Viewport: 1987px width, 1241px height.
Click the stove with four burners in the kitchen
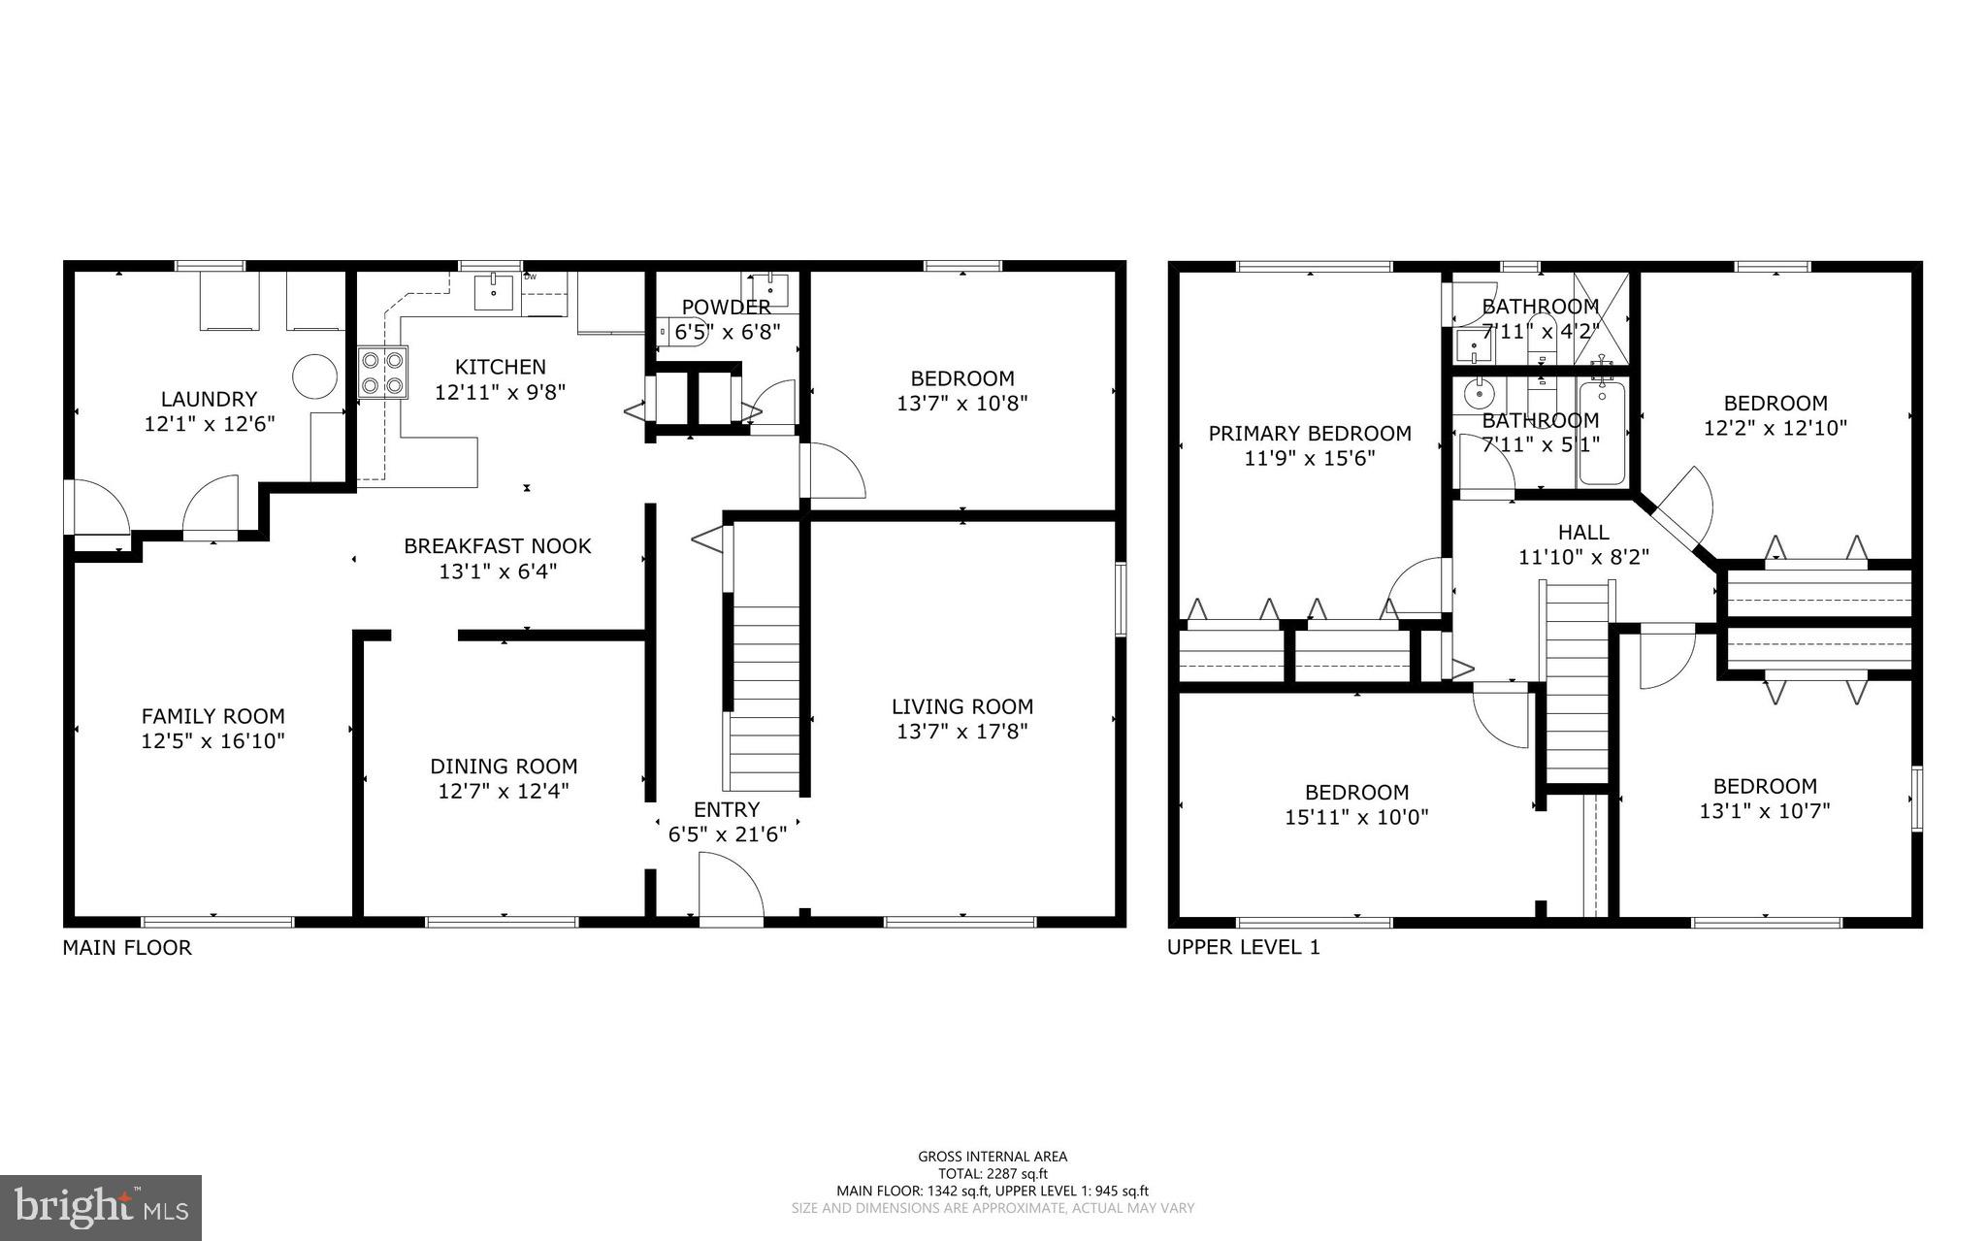[x=381, y=373]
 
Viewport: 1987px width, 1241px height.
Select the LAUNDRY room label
[x=209, y=399]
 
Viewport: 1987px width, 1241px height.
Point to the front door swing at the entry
[x=732, y=885]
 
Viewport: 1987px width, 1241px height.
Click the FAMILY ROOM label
[x=213, y=716]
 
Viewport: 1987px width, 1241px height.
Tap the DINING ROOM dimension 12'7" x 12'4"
[x=504, y=791]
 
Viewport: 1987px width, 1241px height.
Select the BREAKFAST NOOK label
[x=497, y=546]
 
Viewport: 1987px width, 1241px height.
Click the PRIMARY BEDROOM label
[x=1309, y=434]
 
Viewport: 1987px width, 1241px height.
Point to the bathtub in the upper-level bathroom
[x=1602, y=433]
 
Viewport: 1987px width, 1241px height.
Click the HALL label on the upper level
[x=1583, y=532]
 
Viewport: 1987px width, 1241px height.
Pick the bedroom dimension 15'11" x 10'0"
[x=1356, y=817]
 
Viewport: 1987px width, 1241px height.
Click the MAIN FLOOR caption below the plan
[x=127, y=948]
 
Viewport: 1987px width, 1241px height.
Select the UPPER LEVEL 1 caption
[x=1243, y=948]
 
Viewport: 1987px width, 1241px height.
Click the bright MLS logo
[x=101, y=1208]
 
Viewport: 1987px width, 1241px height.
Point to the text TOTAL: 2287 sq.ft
[x=993, y=1173]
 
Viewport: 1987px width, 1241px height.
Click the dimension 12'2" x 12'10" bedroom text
[x=1775, y=428]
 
